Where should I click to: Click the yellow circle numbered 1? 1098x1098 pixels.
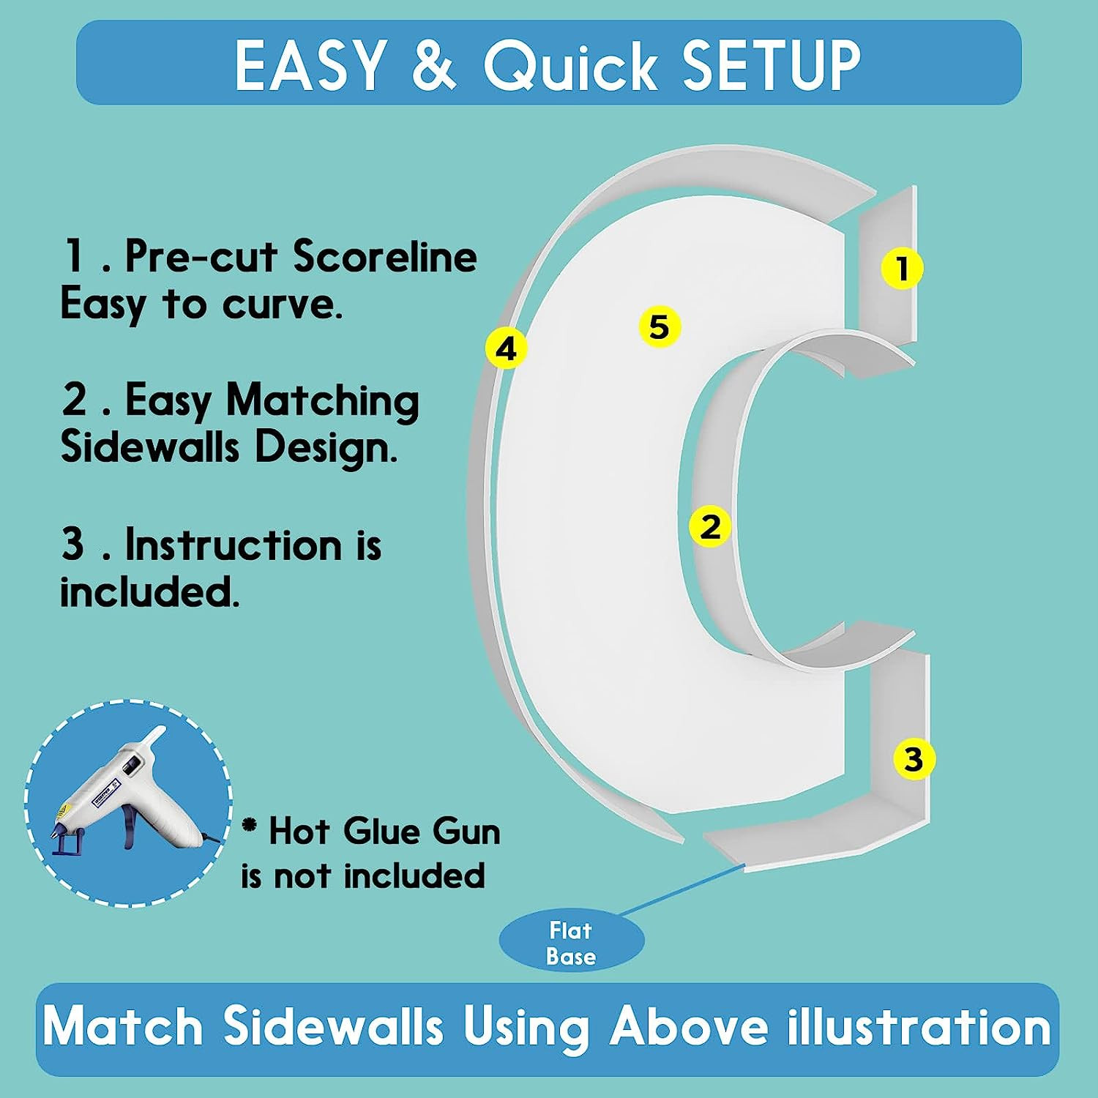pos(902,268)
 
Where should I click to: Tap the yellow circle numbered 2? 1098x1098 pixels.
pos(710,526)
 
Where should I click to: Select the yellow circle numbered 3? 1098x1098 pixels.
pos(914,758)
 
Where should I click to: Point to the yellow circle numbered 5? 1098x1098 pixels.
pos(660,326)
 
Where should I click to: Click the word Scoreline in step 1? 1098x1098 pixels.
pos(385,256)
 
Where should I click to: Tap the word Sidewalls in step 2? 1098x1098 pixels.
pos(149,447)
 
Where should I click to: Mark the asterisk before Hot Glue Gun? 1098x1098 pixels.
pos(250,826)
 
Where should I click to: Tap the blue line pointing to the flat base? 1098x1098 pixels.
pos(683,889)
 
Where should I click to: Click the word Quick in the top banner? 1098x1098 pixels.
pos(569,66)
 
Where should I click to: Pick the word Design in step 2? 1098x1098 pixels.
pos(325,448)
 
